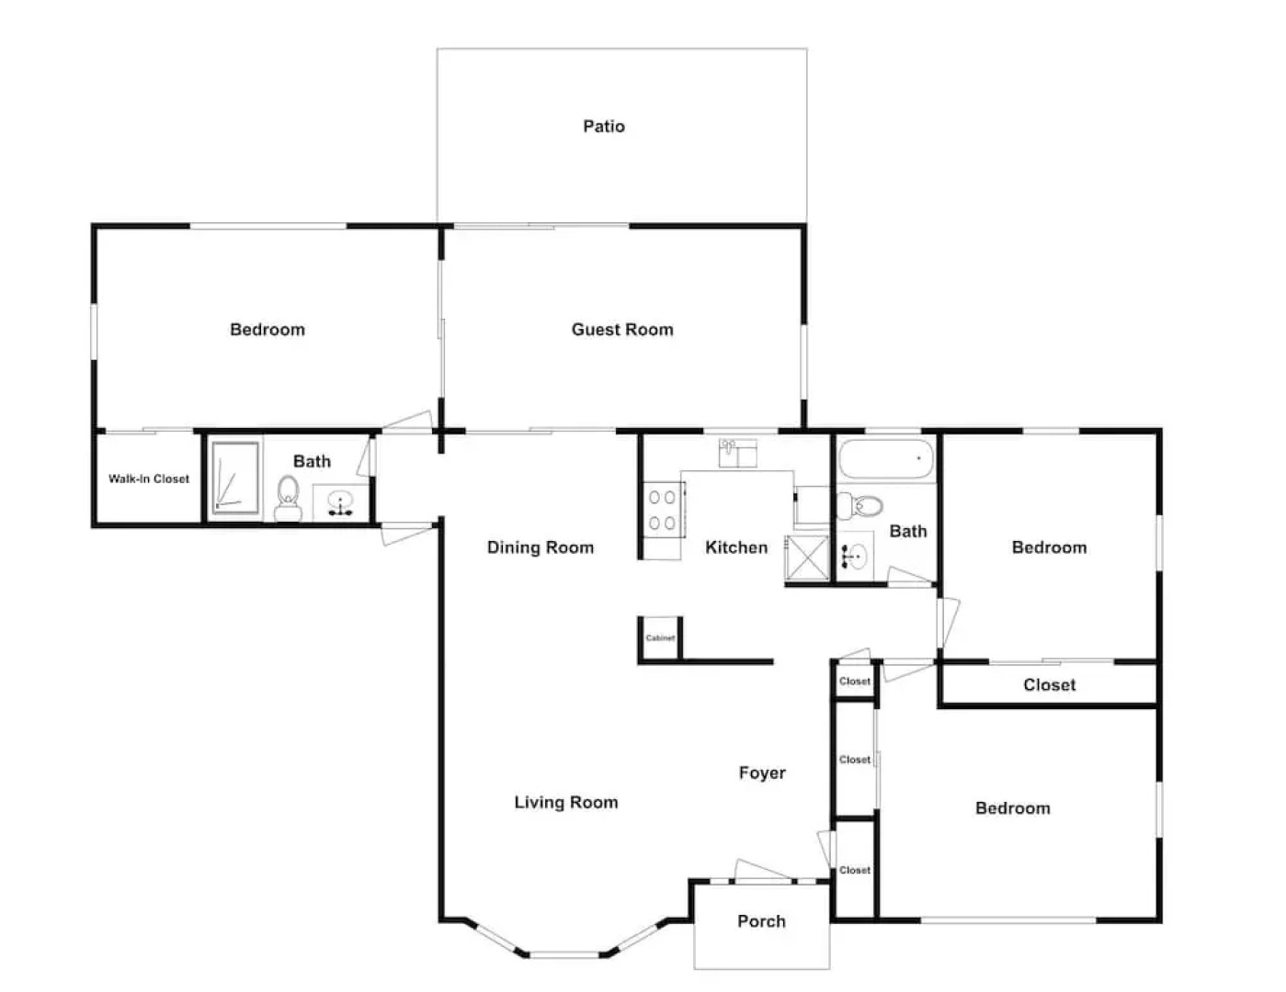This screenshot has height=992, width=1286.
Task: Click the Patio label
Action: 604,126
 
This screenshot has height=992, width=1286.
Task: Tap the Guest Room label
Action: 622,329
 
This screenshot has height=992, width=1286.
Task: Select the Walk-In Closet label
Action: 149,479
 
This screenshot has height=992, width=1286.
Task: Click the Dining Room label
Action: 541,547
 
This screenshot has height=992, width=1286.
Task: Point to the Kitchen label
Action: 736,547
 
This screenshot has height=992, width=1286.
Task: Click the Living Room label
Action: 566,802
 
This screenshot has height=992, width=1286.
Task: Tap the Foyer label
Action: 762,772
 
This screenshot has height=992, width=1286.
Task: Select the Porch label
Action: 761,921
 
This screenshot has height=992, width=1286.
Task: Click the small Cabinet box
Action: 660,637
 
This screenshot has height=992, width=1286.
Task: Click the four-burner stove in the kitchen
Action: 663,510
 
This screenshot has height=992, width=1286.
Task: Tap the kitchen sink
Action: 738,453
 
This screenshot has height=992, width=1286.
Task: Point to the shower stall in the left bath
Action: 234,476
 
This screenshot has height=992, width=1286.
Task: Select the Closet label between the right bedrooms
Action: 1049,684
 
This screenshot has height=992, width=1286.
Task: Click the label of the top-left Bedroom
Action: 267,329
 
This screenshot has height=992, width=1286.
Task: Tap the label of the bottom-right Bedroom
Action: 1012,808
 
